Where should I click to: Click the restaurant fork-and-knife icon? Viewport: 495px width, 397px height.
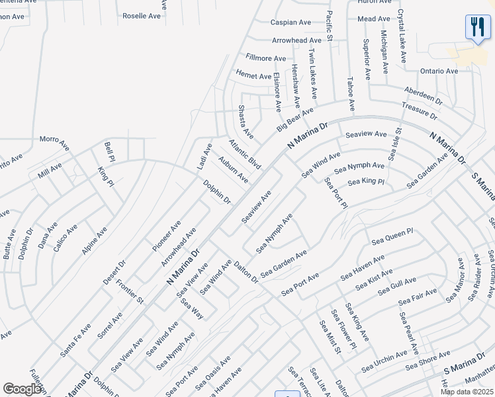coord(477,28)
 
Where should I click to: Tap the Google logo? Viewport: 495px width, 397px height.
coord(22,389)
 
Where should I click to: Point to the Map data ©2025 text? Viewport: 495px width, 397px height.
coord(467,392)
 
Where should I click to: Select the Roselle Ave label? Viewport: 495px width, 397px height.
coord(142,15)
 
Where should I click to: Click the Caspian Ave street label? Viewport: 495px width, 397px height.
coord(291,22)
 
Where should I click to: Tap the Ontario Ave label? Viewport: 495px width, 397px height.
coord(439,71)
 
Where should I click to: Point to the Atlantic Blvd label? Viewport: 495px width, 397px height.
coord(245,154)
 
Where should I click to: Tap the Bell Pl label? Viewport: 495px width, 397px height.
coord(110,151)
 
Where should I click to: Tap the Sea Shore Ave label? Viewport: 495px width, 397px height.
coord(427,363)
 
